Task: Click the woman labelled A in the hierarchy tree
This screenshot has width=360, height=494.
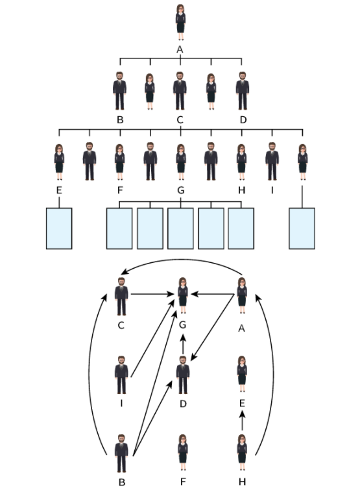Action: click(180, 22)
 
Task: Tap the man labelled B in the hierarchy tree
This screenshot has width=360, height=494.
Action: click(119, 91)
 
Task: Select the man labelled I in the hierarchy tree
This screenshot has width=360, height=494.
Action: click(272, 161)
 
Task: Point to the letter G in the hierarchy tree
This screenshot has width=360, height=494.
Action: click(180, 190)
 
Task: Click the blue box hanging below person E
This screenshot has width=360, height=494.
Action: click(59, 228)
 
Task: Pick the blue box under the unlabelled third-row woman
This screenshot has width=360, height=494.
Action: click(302, 228)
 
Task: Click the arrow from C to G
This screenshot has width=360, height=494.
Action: click(152, 294)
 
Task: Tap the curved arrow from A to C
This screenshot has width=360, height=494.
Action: click(182, 260)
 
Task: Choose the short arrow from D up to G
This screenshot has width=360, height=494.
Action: click(183, 344)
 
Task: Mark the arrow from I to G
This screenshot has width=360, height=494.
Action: click(152, 338)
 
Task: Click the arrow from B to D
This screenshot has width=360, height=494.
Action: click(152, 418)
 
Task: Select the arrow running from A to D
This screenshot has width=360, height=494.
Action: click(213, 327)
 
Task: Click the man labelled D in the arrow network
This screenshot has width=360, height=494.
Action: click(183, 375)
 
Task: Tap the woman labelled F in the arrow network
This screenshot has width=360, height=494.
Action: click(182, 453)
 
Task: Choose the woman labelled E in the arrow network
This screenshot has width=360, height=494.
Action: click(242, 374)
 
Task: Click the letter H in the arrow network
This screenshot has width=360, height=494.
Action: click(242, 482)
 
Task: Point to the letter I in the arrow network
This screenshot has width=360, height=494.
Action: click(121, 403)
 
